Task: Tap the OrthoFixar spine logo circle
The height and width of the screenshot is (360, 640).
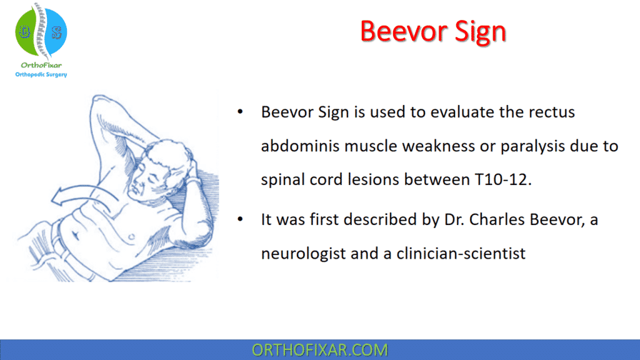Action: point(41,31)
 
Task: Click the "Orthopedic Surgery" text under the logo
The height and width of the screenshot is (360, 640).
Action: point(41,74)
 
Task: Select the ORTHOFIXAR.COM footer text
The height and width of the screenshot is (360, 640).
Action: point(319,349)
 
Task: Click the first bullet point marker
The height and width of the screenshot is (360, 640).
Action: point(241,113)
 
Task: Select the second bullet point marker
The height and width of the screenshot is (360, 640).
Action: point(241,221)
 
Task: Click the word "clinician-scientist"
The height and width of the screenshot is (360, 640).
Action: point(462,254)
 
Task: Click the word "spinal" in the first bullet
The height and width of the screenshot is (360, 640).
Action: point(281,180)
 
